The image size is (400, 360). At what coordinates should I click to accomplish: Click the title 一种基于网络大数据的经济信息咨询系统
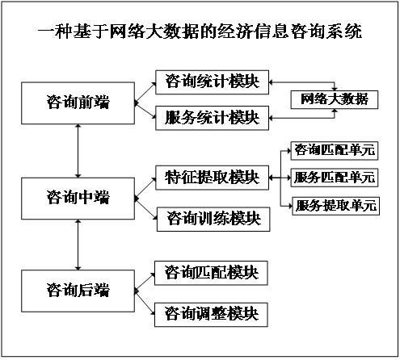point(200,33)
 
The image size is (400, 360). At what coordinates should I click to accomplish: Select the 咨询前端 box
point(78,103)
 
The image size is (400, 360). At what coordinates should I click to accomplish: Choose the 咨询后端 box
point(78,290)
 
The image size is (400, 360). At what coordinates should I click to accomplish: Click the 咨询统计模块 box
point(211,82)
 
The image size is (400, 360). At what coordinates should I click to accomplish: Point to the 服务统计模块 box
point(211,117)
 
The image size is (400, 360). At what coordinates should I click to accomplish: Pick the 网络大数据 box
point(334,99)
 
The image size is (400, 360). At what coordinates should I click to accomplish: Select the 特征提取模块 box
point(211,177)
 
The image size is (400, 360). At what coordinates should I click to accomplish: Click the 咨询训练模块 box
point(211,217)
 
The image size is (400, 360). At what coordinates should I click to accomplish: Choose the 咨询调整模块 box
point(211,312)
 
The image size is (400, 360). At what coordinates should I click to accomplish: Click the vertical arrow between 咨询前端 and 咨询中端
point(78,150)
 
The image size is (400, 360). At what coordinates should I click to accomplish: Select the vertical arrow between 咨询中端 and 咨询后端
point(78,244)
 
